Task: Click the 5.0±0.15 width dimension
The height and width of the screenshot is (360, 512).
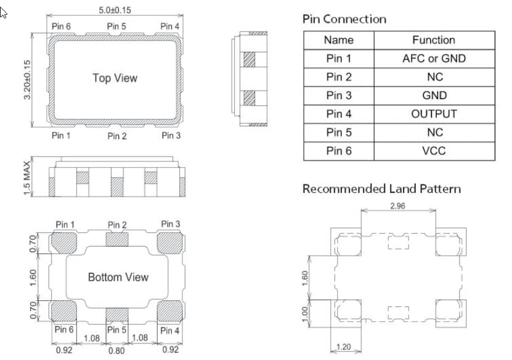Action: pyautogui.click(x=114, y=10)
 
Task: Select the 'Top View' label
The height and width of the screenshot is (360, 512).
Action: pyautogui.click(x=115, y=78)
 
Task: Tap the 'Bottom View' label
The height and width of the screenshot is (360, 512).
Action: pyautogui.click(x=118, y=277)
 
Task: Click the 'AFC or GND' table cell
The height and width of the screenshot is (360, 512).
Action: pyautogui.click(x=434, y=59)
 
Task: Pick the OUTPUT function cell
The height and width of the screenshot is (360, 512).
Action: pyautogui.click(x=434, y=114)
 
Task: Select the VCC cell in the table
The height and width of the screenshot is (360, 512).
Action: pyautogui.click(x=434, y=151)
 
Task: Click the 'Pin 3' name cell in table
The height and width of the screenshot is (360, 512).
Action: pyautogui.click(x=339, y=96)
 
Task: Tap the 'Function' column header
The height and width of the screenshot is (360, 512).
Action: pyautogui.click(x=434, y=40)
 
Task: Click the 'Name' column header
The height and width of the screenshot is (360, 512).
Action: pyautogui.click(x=339, y=40)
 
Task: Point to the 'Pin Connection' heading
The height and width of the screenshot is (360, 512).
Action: pyautogui.click(x=344, y=19)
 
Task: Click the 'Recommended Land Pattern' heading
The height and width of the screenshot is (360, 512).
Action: pyautogui.click(x=381, y=189)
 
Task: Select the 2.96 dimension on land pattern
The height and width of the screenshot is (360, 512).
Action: pyautogui.click(x=397, y=206)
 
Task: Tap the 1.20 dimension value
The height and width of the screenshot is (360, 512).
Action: pyautogui.click(x=345, y=347)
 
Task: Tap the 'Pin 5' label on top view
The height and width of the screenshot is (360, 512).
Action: pyautogui.click(x=116, y=26)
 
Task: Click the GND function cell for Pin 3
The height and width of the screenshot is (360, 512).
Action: pyautogui.click(x=434, y=96)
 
